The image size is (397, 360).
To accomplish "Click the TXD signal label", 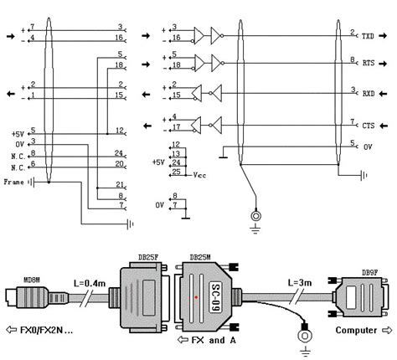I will [x=369, y=36].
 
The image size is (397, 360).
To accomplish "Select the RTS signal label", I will [x=369, y=63].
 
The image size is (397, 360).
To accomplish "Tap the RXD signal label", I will [x=369, y=94].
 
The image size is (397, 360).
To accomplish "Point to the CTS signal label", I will [x=369, y=123].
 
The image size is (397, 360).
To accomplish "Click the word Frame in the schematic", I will [x=13, y=181].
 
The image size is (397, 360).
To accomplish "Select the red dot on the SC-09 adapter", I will [x=196, y=297].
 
